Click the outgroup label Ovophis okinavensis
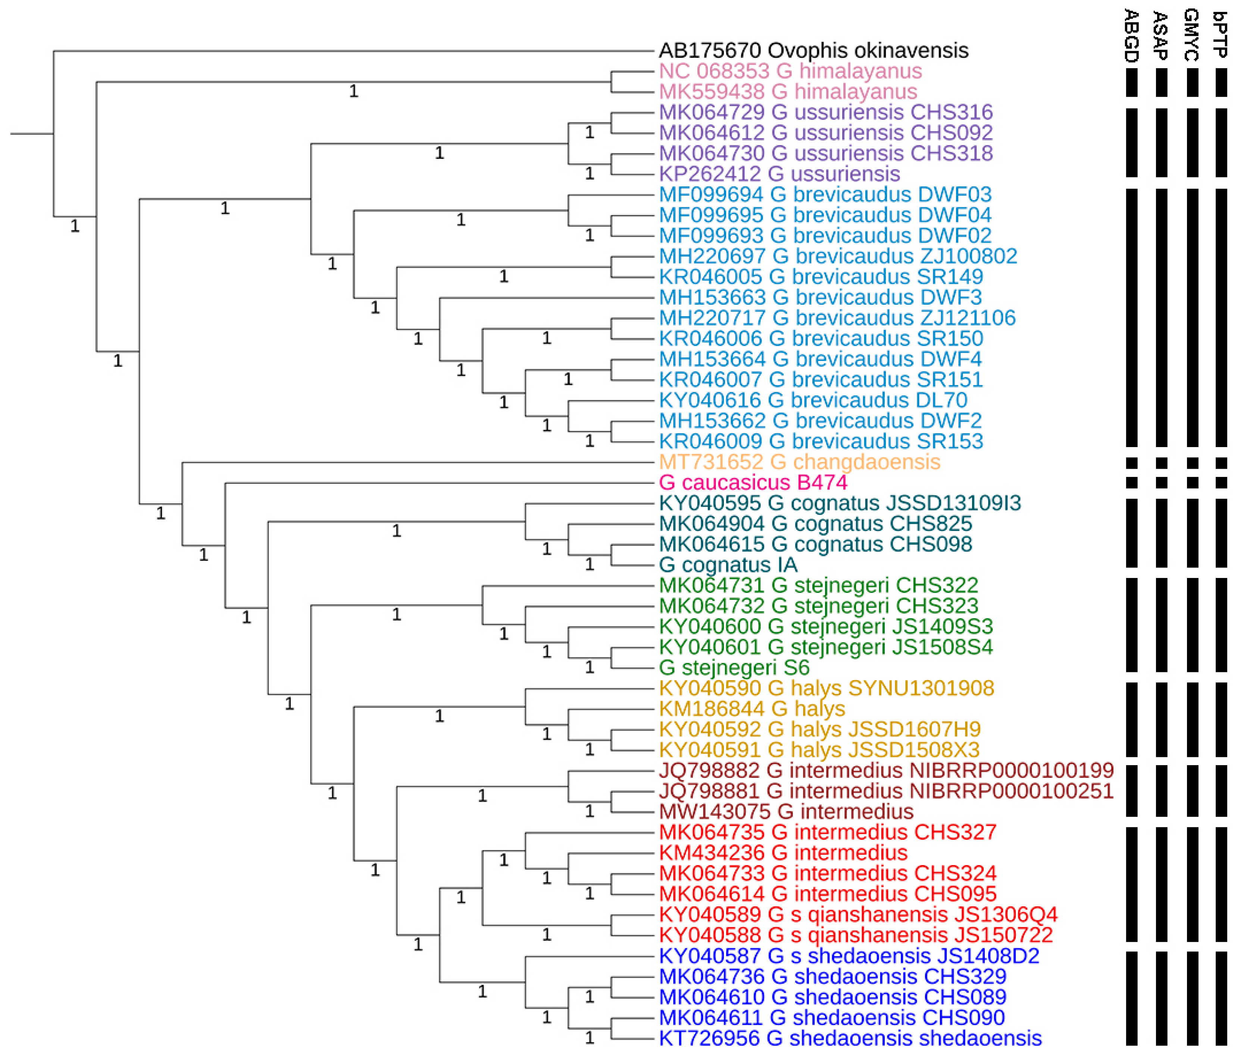[x=813, y=51]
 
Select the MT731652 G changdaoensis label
[x=799, y=462]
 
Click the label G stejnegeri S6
[x=734, y=667]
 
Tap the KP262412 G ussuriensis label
[x=779, y=174]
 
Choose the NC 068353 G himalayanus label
[x=790, y=71]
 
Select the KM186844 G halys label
[x=752, y=708]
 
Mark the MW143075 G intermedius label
[x=786, y=811]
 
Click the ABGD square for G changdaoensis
[x=1131, y=462]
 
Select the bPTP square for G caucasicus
[x=1221, y=483]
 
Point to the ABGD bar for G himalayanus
[x=1131, y=82]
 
